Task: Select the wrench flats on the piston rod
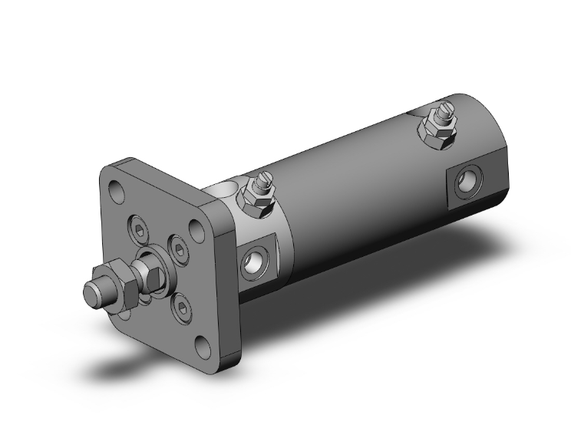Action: (146, 275)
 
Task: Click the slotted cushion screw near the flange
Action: (263, 185)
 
